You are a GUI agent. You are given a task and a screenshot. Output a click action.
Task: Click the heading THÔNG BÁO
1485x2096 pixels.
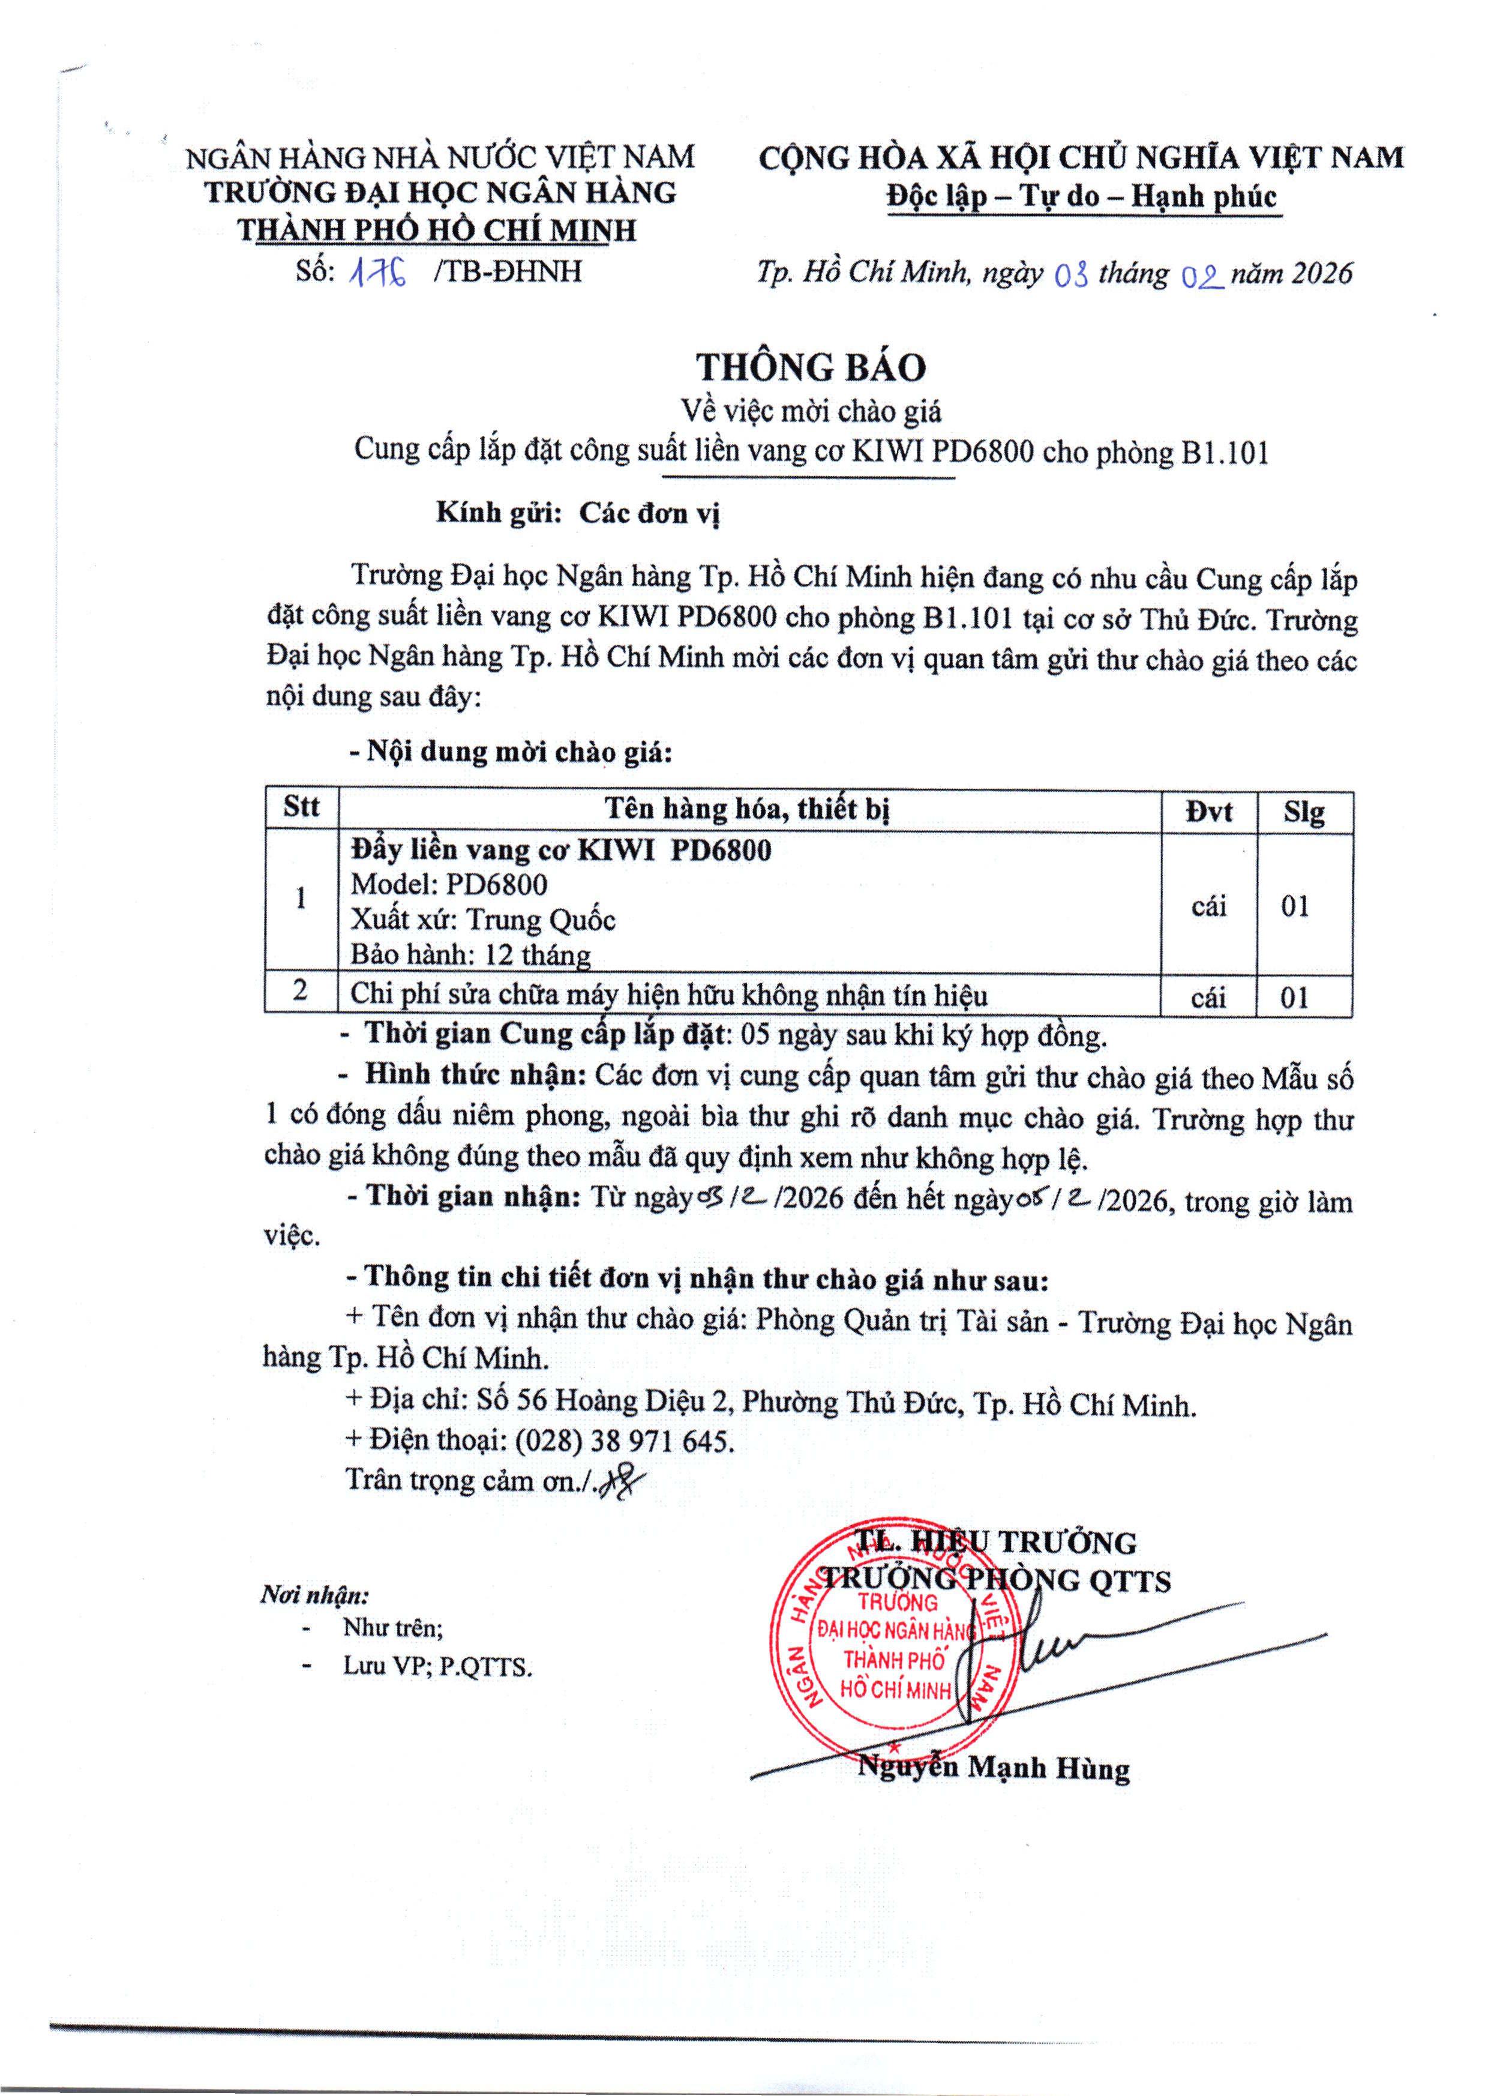coord(811,367)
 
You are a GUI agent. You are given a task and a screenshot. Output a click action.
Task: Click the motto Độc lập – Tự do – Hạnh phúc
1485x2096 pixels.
coord(1082,197)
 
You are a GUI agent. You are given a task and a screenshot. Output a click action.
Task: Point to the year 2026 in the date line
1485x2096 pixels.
coord(1321,274)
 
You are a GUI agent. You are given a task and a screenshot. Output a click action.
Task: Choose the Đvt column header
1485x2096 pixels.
coord(1209,811)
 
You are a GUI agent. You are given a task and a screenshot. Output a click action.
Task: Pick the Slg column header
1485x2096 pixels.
coord(1304,811)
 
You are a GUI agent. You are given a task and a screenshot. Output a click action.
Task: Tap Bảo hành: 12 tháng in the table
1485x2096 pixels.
coord(470,955)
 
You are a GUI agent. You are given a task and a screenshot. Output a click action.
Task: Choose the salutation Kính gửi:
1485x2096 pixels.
coord(499,513)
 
